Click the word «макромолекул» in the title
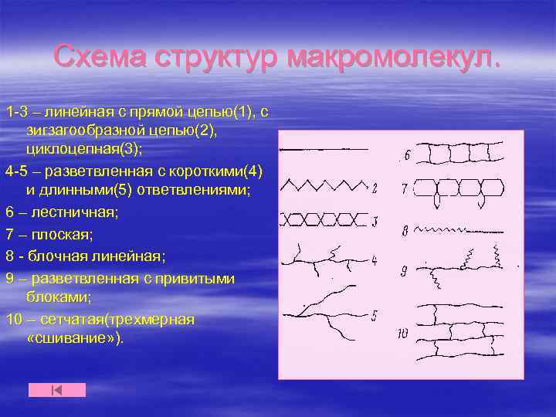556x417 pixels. pos(393,57)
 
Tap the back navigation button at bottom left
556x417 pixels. pos(57,390)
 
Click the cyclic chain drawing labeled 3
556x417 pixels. pos(323,221)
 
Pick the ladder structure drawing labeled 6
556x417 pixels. pos(463,154)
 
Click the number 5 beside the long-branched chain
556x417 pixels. pos(375,314)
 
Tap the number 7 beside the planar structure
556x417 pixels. pos(404,188)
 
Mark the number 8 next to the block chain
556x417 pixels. pos(405,230)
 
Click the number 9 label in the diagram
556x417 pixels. pos(404,270)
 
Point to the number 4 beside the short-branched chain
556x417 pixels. pos(375,261)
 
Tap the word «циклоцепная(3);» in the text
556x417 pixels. pos(72,149)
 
